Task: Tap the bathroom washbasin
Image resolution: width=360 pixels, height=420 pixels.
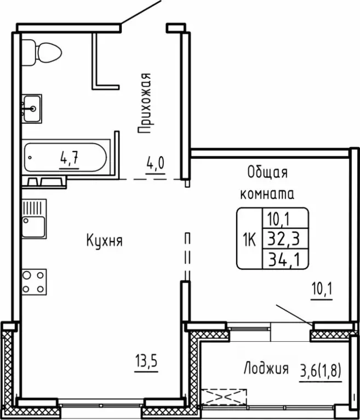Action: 33,107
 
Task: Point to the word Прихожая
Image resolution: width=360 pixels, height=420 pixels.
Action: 144,104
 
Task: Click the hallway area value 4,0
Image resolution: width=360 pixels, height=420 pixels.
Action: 155,163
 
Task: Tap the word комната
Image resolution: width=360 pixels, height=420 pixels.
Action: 267,193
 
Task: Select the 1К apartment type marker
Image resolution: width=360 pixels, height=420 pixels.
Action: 249,239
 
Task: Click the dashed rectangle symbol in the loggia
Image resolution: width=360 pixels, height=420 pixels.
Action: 224,396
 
